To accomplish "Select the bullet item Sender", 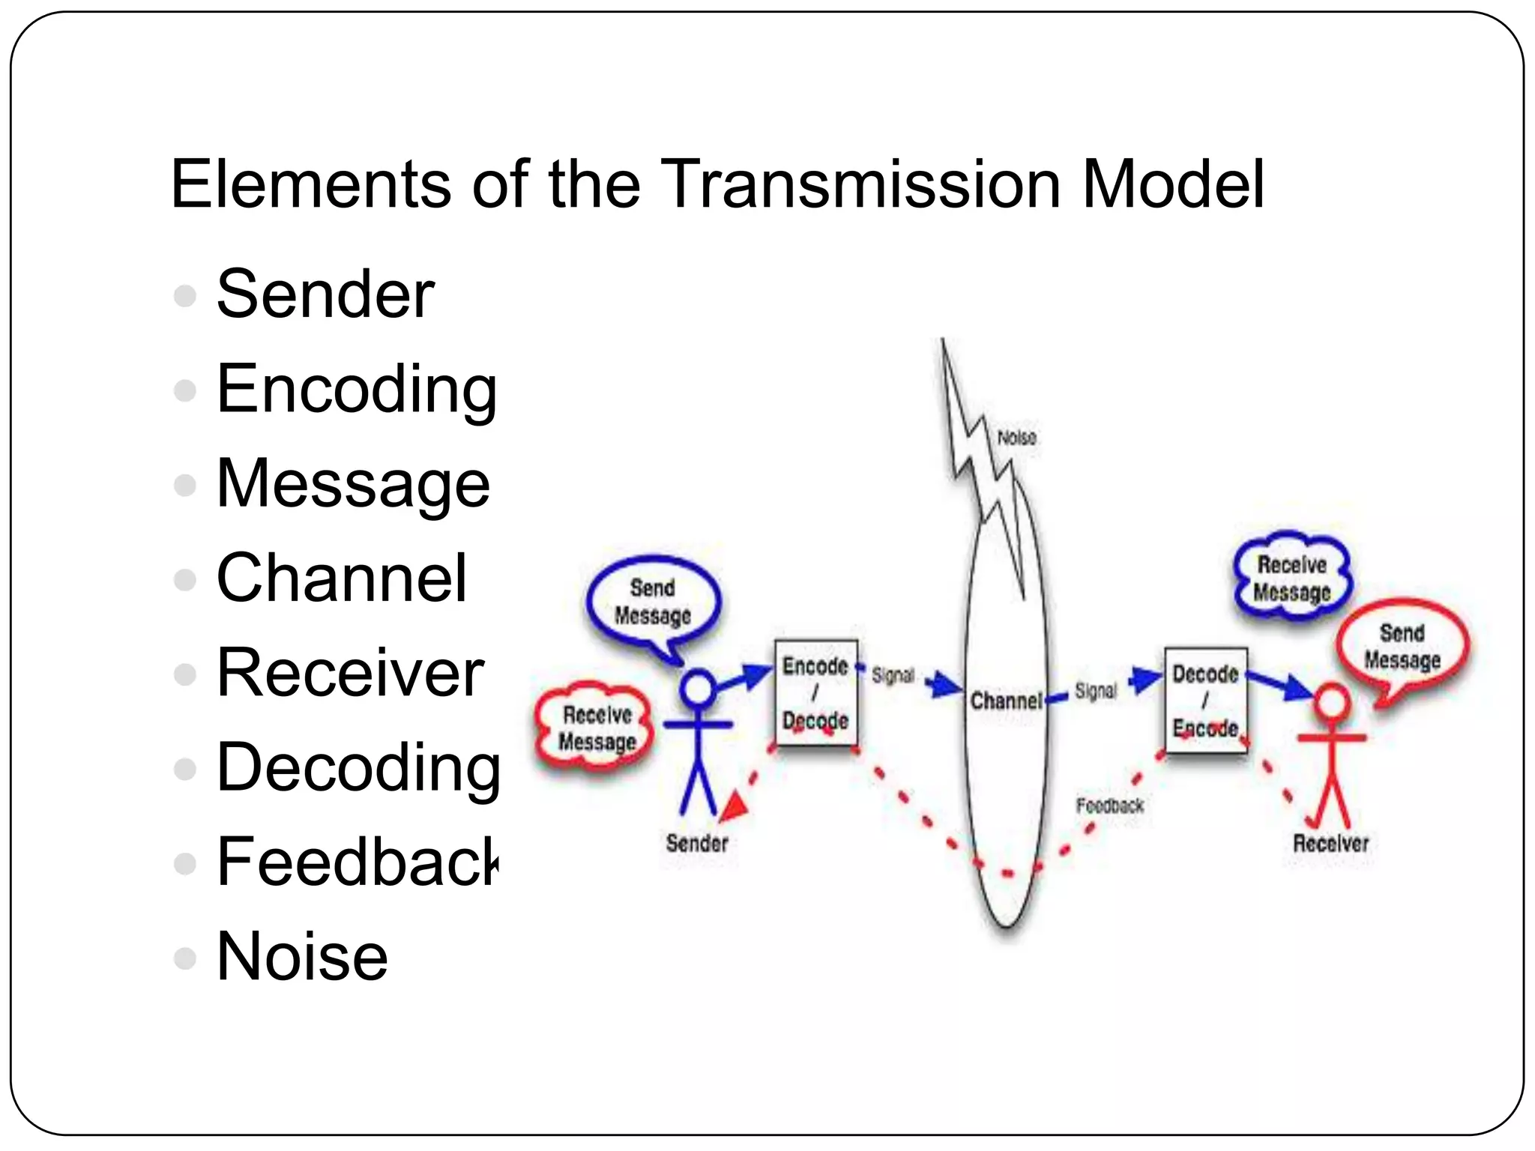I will click(325, 294).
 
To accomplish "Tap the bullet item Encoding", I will click(356, 390).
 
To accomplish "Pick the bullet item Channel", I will click(341, 578).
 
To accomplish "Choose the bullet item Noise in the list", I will click(301, 956).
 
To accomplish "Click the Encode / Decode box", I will click(815, 693).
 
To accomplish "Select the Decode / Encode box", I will click(1205, 701).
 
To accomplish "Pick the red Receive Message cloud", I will click(597, 728).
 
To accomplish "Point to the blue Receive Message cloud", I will click(1291, 577).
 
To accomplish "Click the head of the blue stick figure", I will click(698, 688).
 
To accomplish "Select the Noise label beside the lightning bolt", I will click(1016, 437).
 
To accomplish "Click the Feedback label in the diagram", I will click(1109, 806).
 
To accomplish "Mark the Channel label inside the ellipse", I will click(1005, 701).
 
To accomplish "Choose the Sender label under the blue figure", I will click(697, 843).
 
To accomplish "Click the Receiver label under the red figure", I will click(1330, 843).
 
